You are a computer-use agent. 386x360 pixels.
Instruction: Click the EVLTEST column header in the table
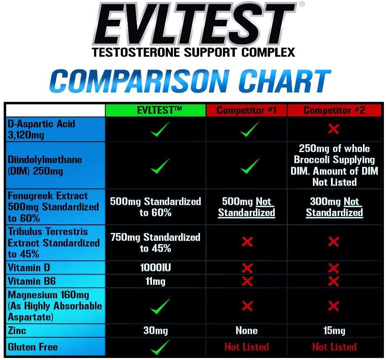pyautogui.click(x=155, y=110)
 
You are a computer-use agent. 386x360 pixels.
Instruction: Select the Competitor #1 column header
pyautogui.click(x=246, y=110)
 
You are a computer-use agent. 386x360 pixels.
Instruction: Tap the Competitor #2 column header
pyautogui.click(x=334, y=110)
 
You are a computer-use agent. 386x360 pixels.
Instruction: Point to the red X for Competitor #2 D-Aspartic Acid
pyautogui.click(x=333, y=129)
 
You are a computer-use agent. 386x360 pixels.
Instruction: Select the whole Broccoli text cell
pyautogui.click(x=334, y=165)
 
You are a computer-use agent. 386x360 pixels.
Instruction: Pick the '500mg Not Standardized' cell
pyautogui.click(x=246, y=207)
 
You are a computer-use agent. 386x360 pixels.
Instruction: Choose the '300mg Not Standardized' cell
pyautogui.click(x=334, y=207)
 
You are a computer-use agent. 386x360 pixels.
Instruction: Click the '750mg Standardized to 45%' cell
pyautogui.click(x=155, y=242)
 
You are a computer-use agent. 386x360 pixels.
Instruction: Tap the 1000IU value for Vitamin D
pyautogui.click(x=155, y=268)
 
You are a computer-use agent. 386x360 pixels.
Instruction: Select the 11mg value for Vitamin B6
pyautogui.click(x=155, y=282)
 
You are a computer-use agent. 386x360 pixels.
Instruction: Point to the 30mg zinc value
pyautogui.click(x=155, y=330)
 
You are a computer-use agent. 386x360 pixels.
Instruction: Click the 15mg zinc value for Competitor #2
pyautogui.click(x=334, y=330)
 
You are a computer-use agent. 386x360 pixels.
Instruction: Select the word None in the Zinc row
pyautogui.click(x=246, y=330)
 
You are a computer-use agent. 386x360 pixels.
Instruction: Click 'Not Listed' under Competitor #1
pyautogui.click(x=246, y=347)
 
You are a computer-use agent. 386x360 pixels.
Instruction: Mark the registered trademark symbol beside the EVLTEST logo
pyautogui.click(x=302, y=5)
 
